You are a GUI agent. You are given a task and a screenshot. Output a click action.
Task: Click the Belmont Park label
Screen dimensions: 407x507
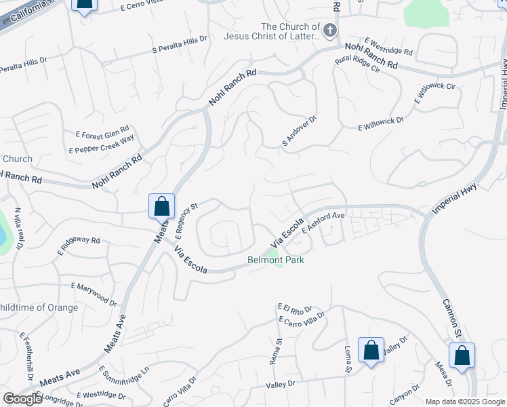click(x=275, y=260)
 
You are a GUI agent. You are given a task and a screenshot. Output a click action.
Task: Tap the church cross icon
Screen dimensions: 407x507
click(x=329, y=30)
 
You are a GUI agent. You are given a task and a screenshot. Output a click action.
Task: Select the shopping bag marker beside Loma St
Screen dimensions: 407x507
click(x=371, y=351)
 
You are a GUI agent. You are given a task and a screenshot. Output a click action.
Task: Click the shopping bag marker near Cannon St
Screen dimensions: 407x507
click(x=462, y=355)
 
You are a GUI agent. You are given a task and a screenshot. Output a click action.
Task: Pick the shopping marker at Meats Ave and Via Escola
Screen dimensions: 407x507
click(x=161, y=206)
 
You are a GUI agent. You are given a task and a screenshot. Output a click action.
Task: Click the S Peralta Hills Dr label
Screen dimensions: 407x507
click(x=180, y=45)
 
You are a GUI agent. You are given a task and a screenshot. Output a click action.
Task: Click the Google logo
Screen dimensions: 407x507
click(x=22, y=399)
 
